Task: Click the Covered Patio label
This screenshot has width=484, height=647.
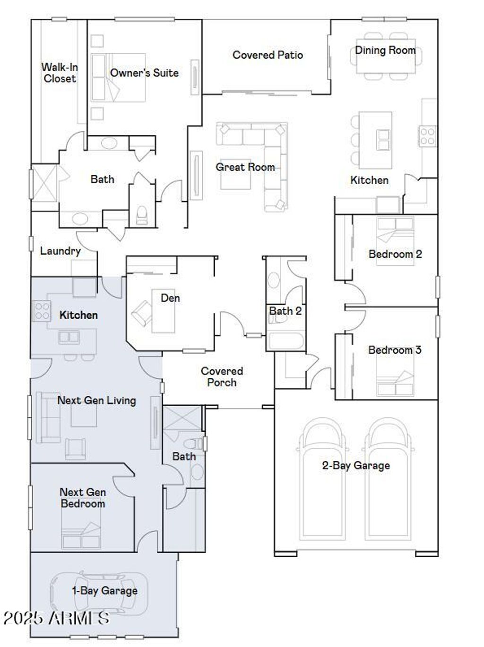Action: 268,55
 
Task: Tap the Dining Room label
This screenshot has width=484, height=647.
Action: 385,50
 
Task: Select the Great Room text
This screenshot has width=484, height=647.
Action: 245,167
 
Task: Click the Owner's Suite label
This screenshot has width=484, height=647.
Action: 144,73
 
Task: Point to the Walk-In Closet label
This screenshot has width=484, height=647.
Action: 60,73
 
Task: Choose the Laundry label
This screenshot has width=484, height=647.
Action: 60,251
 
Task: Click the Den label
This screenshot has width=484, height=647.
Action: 170,298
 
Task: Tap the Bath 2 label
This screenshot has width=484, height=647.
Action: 285,311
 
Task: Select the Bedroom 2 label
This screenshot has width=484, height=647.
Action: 395,254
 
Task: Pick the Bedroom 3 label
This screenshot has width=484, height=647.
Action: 395,350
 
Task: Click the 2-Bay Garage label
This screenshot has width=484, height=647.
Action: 356,466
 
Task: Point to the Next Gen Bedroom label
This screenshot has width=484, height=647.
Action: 83,498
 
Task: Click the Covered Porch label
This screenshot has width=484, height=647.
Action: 222,377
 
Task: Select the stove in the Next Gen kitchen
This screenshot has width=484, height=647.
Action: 41,311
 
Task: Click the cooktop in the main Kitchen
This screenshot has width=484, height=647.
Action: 427,135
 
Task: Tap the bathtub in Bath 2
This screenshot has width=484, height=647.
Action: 285,341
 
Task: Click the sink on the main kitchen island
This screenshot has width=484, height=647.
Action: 383,140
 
